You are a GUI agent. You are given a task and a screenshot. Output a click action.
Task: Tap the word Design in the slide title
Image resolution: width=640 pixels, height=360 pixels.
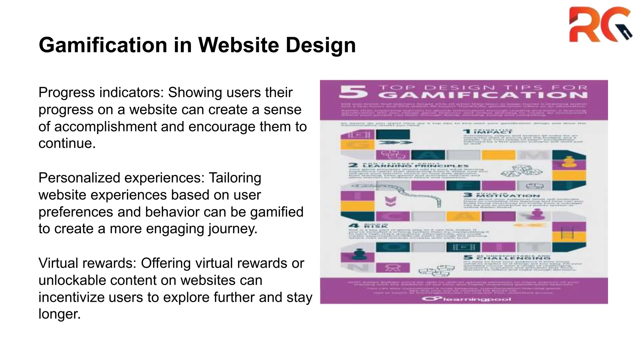pyautogui.click(x=321, y=45)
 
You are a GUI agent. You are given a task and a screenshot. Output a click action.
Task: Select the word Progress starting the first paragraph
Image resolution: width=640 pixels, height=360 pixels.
pyautogui.click(x=67, y=93)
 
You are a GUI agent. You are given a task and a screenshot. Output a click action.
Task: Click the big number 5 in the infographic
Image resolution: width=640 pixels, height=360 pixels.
pyautogui.click(x=353, y=92)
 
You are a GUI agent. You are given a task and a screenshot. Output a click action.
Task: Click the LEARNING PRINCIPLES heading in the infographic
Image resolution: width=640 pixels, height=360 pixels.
pyautogui.click(x=416, y=166)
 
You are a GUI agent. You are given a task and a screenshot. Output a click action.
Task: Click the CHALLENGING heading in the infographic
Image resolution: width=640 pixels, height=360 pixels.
pyautogui.click(x=512, y=258)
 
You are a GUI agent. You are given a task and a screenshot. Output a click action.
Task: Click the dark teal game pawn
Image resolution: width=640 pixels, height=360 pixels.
pyautogui.click(x=357, y=254)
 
